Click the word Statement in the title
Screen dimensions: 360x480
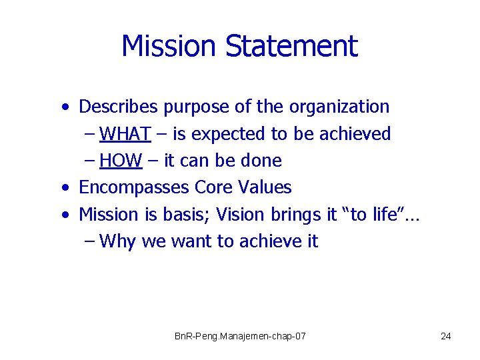291,46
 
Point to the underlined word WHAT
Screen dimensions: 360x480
125,134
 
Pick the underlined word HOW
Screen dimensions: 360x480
120,161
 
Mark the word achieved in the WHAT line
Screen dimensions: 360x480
354,134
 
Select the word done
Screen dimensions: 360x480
263,161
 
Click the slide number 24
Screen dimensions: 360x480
446,336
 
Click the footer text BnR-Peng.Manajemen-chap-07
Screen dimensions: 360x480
240,336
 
